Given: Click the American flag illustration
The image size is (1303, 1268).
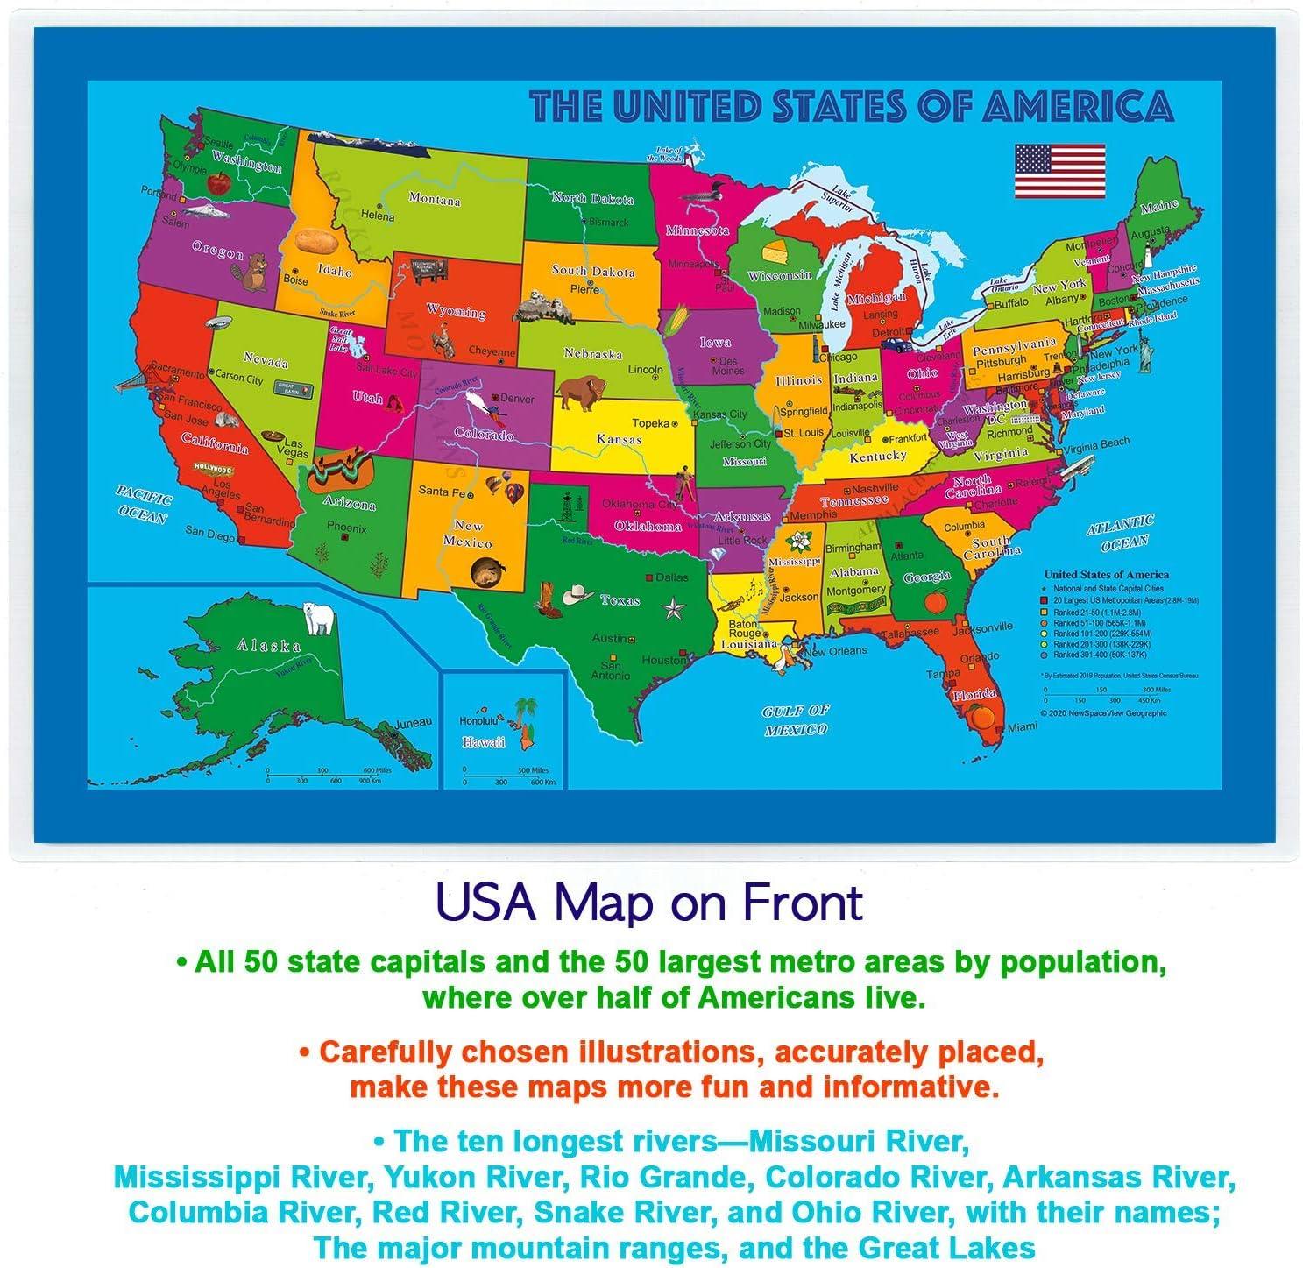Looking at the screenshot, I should point(1059,170).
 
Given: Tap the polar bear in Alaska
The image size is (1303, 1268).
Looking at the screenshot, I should point(319,617).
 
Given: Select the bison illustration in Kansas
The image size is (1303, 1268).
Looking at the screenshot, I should point(578,393).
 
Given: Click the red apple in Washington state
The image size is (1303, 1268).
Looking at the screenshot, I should point(217,182).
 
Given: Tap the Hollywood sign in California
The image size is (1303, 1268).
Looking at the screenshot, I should point(212,469).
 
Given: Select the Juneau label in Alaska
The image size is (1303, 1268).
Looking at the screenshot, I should point(414,723).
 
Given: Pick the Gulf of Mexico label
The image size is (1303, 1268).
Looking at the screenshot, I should point(796,719).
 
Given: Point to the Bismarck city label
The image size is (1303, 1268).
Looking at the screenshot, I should point(609,223).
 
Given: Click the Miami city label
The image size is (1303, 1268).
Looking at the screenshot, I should point(1022,727).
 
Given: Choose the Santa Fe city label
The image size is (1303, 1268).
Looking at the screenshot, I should point(440,492).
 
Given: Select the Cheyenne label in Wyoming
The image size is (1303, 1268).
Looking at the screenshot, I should point(492,351).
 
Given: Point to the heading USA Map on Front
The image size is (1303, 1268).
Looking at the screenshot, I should point(650,903).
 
